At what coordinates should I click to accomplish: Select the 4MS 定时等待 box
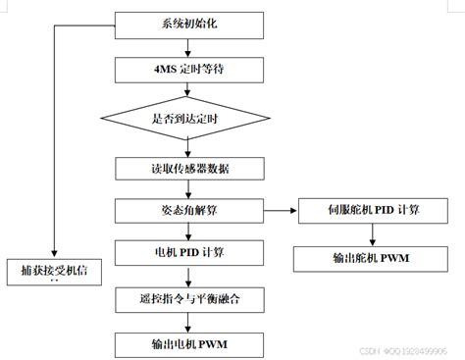click(189, 70)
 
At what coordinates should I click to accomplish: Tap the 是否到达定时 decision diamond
click(189, 120)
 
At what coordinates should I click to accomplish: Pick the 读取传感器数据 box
click(189, 168)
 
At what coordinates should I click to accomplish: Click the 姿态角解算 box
click(189, 210)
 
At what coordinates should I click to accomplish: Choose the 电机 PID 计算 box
click(189, 252)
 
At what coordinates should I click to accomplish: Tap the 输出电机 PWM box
click(189, 344)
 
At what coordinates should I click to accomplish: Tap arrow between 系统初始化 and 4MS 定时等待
click(188, 46)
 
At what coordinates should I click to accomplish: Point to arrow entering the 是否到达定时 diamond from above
click(188, 90)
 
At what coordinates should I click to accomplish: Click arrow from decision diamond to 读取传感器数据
click(188, 148)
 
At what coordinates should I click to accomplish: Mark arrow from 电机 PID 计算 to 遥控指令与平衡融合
click(188, 275)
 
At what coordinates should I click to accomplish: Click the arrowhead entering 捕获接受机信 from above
click(54, 252)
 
